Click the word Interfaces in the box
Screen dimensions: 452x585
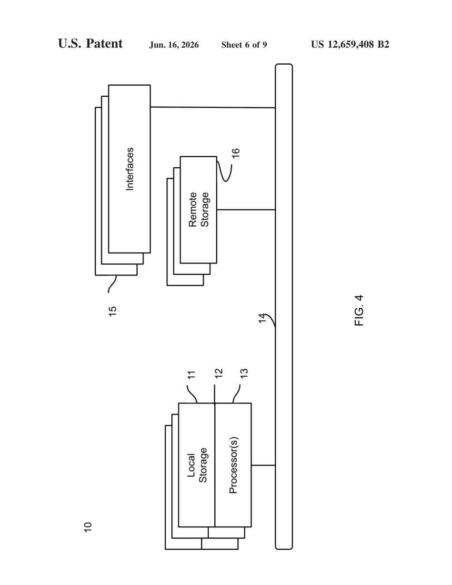[130, 169]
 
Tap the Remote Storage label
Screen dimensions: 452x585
[199, 210]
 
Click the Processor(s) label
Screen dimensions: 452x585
[233, 465]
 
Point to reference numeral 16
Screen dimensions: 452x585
[235, 153]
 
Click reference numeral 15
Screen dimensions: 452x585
[112, 311]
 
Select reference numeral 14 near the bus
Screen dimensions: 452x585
[262, 318]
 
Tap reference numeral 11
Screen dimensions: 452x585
[191, 375]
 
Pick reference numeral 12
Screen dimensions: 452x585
[219, 373]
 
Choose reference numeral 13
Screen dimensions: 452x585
[244, 373]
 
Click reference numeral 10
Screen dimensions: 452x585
[88, 527]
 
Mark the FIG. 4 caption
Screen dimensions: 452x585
[359, 311]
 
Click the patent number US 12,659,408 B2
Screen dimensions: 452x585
[350, 44]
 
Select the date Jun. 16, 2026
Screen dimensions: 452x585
[174, 45]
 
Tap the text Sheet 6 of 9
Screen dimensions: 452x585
[244, 45]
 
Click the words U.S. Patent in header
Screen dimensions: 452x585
[90, 43]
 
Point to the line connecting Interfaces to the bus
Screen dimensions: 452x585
[213, 107]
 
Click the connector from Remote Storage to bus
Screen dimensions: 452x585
[246, 210]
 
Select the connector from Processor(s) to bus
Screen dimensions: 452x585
[263, 465]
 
